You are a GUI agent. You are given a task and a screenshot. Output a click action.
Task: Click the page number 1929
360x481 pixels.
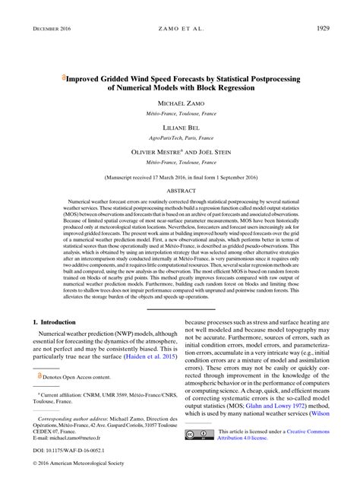(338, 28)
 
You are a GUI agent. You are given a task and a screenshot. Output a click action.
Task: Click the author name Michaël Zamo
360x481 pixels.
(180, 102)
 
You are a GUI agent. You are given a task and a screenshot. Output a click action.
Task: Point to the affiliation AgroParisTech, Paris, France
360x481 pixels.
(180, 139)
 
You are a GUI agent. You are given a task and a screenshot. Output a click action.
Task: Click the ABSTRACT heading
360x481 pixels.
(180, 191)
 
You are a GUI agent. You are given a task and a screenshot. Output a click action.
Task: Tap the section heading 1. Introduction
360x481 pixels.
(57, 322)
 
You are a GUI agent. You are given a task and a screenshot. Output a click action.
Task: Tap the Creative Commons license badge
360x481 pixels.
(201, 434)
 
